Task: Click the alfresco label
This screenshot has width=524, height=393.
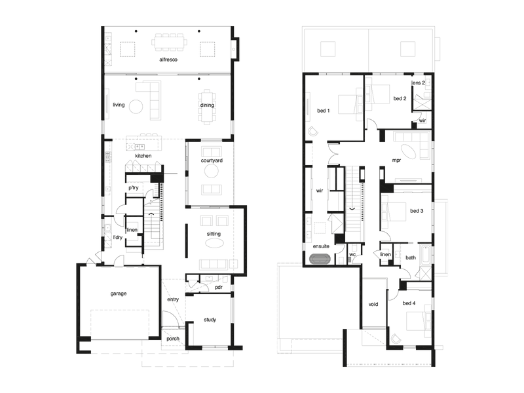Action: (168, 60)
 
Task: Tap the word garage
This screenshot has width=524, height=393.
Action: (119, 293)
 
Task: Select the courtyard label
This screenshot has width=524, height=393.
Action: (212, 160)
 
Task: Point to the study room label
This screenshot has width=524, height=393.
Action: (210, 320)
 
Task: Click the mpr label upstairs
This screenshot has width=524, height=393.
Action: (396, 160)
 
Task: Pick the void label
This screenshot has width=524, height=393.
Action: (373, 304)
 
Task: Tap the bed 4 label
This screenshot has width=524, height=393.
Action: (409, 303)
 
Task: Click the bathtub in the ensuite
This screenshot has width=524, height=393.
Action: (320, 259)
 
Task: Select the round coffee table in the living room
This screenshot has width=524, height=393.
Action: (136, 107)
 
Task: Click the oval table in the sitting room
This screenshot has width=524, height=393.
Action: (214, 244)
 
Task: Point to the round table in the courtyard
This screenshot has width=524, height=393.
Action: (211, 172)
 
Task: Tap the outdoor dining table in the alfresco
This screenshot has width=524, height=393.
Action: (169, 42)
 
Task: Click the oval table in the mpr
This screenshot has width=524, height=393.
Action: (408, 151)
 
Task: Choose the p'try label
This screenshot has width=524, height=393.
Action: (134, 188)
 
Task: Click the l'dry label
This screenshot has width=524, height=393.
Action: (118, 237)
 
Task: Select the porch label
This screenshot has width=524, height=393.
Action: (173, 339)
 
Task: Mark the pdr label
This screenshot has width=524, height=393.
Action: (219, 288)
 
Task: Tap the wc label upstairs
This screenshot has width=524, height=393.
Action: (352, 255)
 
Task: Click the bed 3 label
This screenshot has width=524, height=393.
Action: (417, 211)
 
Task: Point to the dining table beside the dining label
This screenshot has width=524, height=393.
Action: (207, 107)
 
